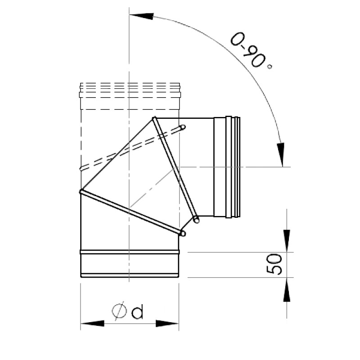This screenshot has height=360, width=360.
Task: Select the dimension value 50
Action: point(274,264)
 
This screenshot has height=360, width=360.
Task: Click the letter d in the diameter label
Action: point(137,311)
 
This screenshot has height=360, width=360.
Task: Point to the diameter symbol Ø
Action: point(119,311)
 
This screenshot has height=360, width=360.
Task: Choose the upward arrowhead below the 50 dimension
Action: point(286,290)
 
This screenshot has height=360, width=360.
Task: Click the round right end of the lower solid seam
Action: point(183,233)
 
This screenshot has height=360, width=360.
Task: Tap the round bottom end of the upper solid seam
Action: point(196,220)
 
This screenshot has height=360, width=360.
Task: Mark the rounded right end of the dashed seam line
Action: point(183,128)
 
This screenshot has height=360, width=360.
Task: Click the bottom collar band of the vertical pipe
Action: point(130,263)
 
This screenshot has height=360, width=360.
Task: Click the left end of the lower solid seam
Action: point(82,192)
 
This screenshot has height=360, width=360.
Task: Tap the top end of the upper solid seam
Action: point(154,119)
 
